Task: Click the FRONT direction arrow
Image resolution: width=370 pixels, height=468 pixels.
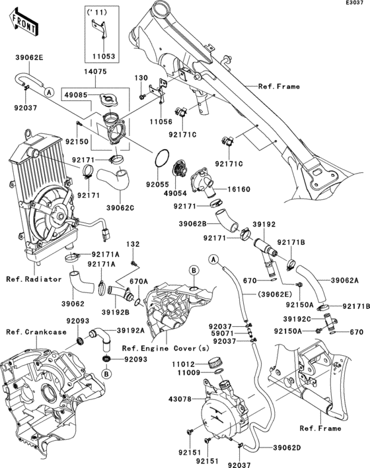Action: [23, 22]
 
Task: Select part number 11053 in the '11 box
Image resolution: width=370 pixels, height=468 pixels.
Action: [104, 56]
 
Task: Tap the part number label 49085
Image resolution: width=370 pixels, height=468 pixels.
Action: [75, 95]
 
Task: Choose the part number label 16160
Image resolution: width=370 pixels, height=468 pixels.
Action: [239, 189]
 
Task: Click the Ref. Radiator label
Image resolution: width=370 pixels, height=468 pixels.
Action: [34, 279]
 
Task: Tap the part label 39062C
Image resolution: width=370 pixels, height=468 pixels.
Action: [120, 208]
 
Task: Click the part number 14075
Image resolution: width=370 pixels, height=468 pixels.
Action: [96, 72]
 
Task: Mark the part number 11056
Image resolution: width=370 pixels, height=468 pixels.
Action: [161, 121]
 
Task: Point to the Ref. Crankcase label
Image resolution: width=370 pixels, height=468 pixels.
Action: [36, 332]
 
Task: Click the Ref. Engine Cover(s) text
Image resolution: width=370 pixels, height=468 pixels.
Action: [166, 349]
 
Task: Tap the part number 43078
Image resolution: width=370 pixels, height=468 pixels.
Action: [180, 399]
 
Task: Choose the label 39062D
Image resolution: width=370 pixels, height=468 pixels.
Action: [287, 448]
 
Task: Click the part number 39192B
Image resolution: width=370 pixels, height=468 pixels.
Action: [116, 312]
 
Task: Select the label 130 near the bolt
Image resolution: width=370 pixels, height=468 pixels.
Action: [141, 78]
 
